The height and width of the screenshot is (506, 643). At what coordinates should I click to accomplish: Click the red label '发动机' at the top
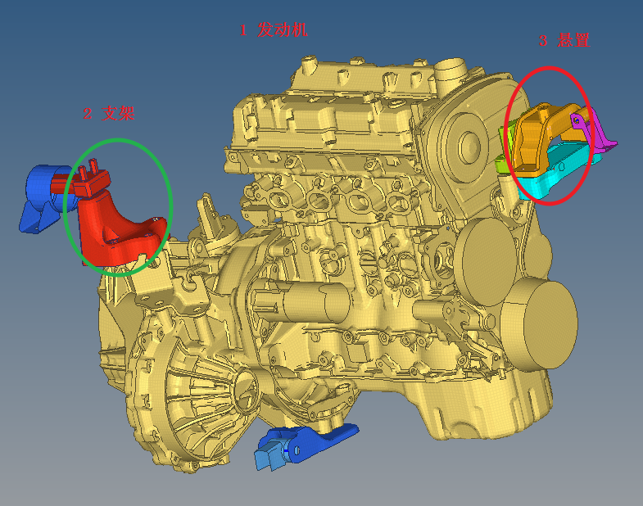(x=282, y=30)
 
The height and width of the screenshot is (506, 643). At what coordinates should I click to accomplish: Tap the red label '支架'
(x=118, y=114)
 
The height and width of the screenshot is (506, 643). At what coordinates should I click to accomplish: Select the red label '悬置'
(x=573, y=40)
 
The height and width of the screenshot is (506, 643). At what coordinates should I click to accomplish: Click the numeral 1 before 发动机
(x=243, y=30)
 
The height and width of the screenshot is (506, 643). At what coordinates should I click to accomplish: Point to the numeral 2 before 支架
(x=88, y=114)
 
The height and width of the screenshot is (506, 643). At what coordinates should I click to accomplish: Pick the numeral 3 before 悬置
(x=542, y=41)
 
